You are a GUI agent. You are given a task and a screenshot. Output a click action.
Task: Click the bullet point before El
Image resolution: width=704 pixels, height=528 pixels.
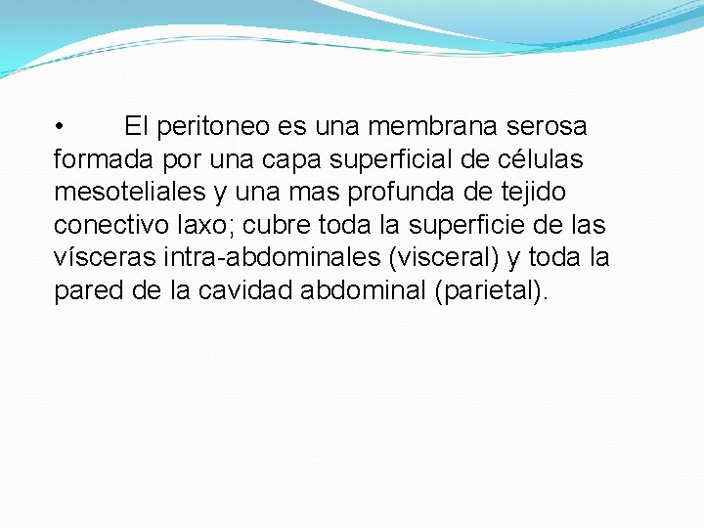pyautogui.click(x=60, y=127)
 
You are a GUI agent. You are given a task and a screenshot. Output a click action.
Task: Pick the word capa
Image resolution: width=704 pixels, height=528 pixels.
pyautogui.click(x=291, y=160)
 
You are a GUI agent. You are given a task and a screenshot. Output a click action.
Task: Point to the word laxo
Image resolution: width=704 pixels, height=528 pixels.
pyautogui.click(x=207, y=225)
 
